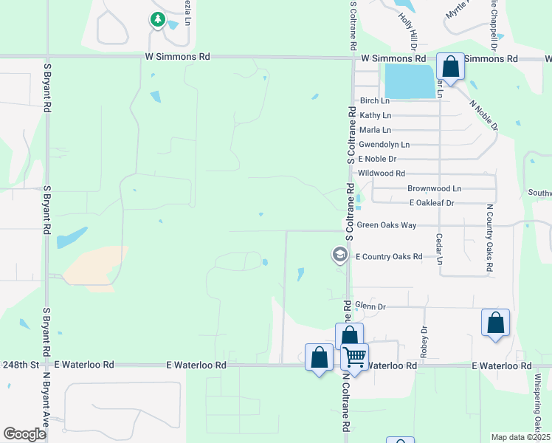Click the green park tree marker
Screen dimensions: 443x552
[157, 19]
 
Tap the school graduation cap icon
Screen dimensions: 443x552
[339, 255]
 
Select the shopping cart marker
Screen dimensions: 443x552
[355, 357]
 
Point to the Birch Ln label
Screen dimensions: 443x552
[373, 100]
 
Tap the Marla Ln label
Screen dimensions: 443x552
[375, 130]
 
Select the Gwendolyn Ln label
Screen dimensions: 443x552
[384, 145]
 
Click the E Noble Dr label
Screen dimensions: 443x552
[377, 159]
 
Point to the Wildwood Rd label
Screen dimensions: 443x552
[382, 174]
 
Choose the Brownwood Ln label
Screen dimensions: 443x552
[434, 189]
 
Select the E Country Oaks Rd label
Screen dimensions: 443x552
[389, 257]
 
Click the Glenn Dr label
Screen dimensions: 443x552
[370, 306]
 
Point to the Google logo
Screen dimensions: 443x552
[24, 434]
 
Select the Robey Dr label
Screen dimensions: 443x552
[424, 342]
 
